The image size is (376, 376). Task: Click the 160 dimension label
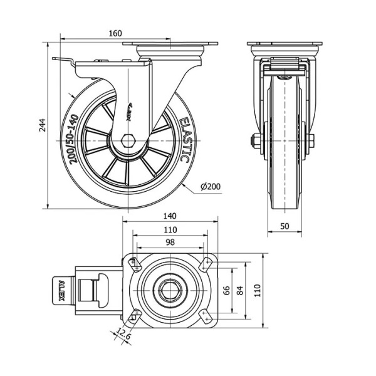coord(114,33)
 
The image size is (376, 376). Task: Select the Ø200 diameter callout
coord(211,186)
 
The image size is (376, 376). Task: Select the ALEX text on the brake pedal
coord(61,291)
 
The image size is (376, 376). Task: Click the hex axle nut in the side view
coord(129,140)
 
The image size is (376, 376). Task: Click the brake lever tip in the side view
coord(57,60)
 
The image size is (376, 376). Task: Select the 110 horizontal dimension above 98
coord(170,229)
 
